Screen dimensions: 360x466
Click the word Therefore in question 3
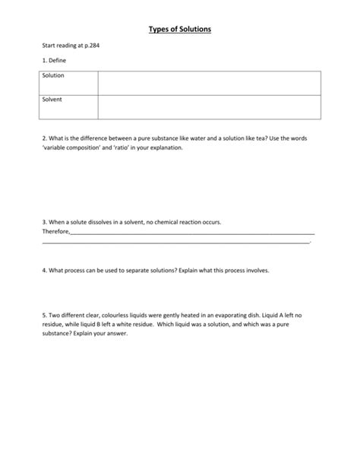click(x=55, y=233)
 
